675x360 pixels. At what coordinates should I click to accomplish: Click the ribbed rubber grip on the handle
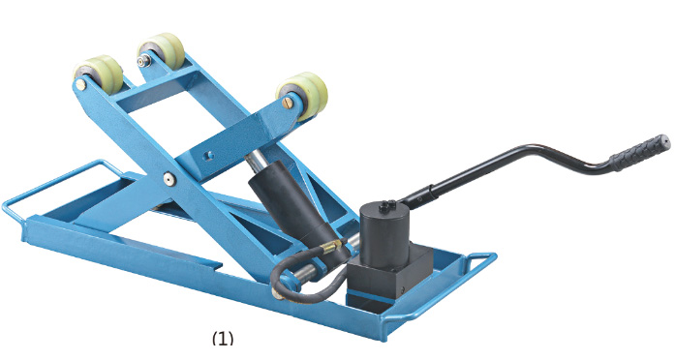coord(640,152)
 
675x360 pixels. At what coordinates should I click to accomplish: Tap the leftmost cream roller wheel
coord(99,74)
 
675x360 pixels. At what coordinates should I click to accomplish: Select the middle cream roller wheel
coord(162,50)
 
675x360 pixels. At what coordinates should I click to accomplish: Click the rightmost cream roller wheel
coord(303,96)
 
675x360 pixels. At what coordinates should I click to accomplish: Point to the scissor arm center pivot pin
coord(169,178)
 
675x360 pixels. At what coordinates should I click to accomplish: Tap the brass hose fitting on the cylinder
coord(331,247)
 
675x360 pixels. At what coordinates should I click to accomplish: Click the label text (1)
coord(223,338)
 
